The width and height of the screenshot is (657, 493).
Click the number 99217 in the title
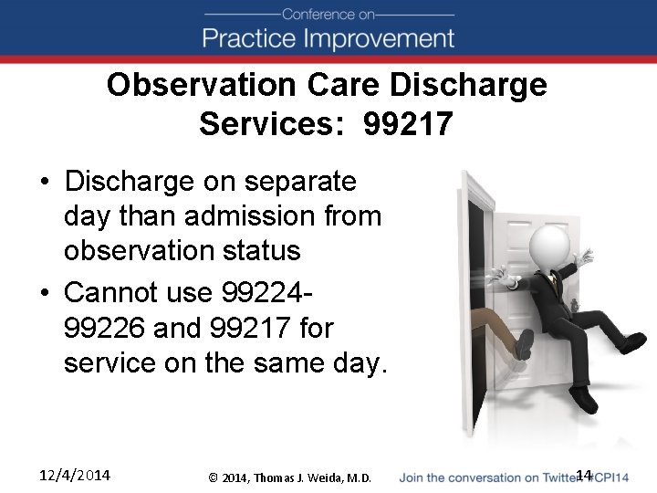pyautogui.click(x=407, y=123)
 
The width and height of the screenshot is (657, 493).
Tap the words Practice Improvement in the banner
pyautogui.click(x=328, y=38)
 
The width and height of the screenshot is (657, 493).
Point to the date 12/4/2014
pyautogui.click(x=74, y=475)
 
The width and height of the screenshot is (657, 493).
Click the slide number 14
pyautogui.click(x=584, y=475)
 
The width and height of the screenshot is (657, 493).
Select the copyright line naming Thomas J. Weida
pyautogui.click(x=289, y=477)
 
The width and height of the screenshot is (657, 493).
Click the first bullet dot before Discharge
pyautogui.click(x=45, y=183)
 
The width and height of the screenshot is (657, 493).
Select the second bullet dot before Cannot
pyautogui.click(x=45, y=293)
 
